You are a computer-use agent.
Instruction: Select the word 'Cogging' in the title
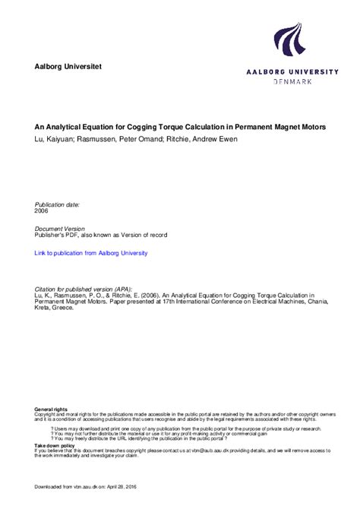(160, 127)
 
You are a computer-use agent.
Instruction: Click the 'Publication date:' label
(58, 204)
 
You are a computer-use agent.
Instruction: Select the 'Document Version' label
(60, 229)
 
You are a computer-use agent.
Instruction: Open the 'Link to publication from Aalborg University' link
(91, 253)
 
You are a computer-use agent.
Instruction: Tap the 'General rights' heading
(51, 409)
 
